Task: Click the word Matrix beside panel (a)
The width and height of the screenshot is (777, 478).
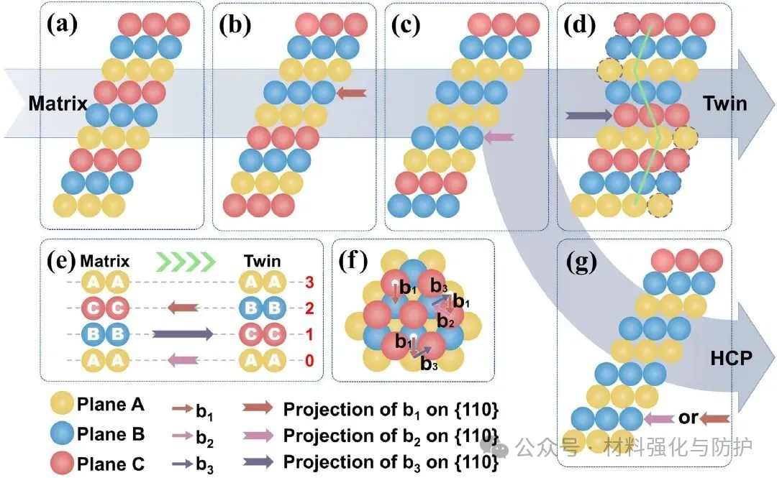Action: (x=58, y=104)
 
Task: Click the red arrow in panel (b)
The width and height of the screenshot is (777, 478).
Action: (x=352, y=92)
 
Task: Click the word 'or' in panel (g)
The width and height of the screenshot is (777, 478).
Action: (x=689, y=418)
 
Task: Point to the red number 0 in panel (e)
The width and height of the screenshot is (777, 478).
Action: (x=310, y=360)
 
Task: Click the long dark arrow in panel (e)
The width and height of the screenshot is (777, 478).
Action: (x=182, y=334)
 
